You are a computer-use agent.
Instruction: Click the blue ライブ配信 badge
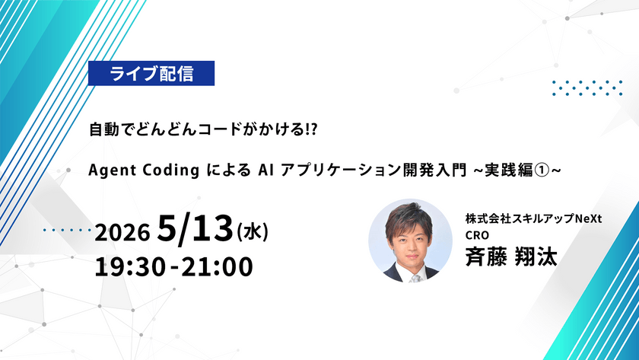click(152, 74)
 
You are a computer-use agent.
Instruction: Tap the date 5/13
click(193, 227)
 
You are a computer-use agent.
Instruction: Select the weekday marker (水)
click(253, 229)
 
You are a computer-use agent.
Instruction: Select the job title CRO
click(478, 235)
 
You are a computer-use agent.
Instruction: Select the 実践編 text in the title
click(513, 169)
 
